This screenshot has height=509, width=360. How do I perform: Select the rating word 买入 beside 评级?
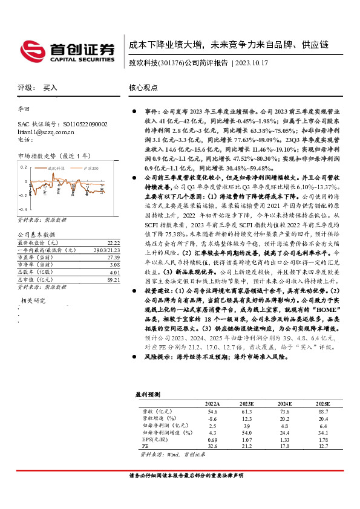click(50, 88)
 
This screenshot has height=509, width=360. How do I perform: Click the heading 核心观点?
click(142, 88)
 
